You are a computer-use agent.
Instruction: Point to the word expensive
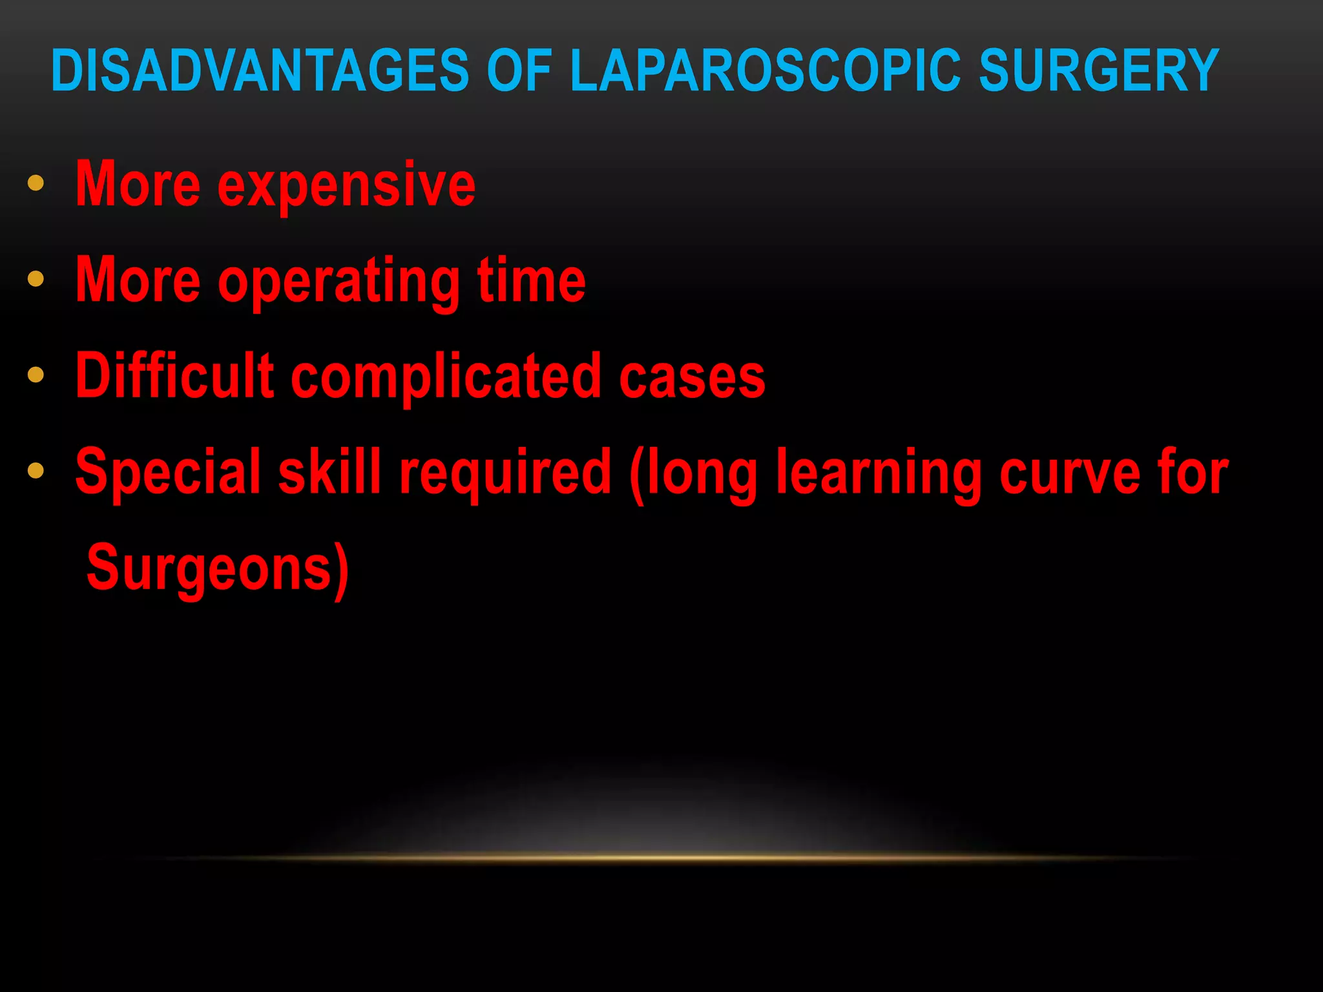tap(346, 186)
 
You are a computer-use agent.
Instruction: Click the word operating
tap(339, 282)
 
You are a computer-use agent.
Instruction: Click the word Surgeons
tap(210, 568)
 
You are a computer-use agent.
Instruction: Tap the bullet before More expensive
tap(36, 183)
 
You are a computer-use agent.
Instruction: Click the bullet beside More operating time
tap(36, 279)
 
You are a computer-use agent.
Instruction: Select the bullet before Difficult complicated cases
tap(36, 375)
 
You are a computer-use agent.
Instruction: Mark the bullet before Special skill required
tap(36, 471)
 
